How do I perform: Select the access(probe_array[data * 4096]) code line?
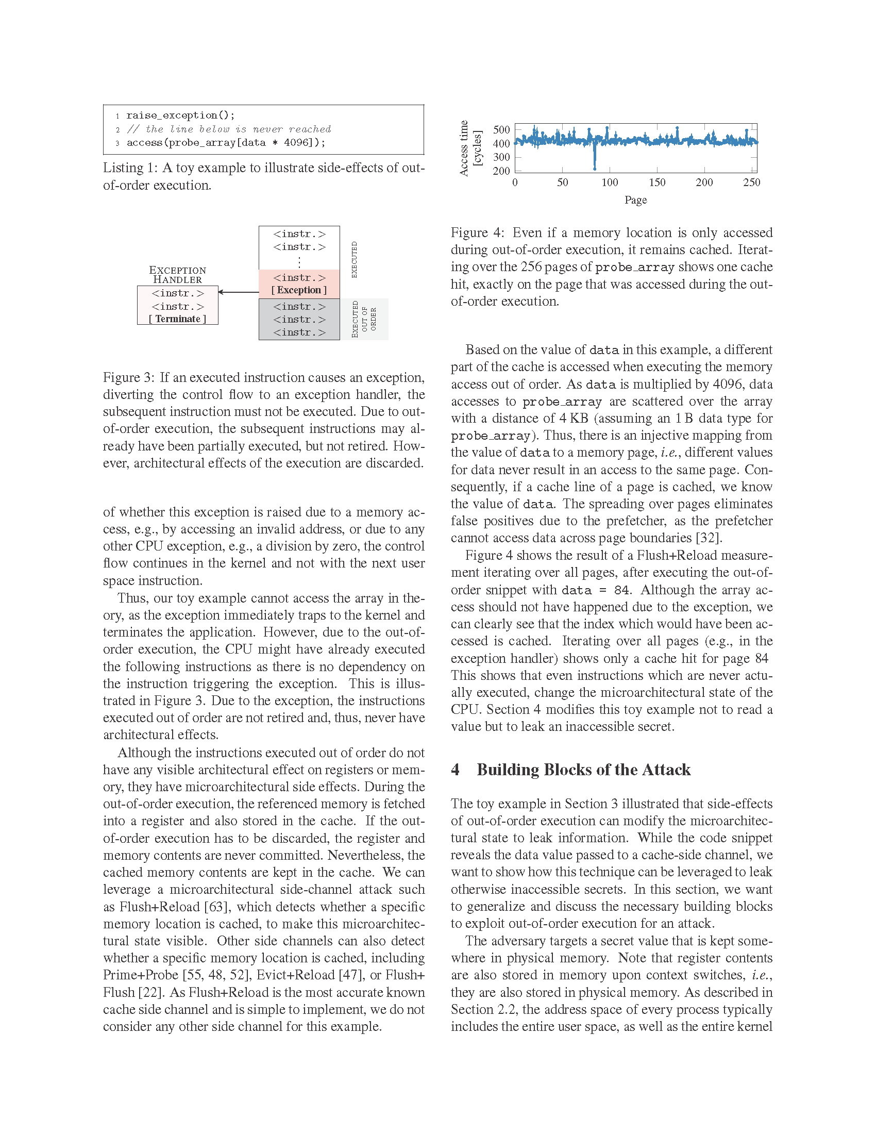(x=226, y=143)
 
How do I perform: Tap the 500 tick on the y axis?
(x=501, y=130)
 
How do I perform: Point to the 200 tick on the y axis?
(x=501, y=171)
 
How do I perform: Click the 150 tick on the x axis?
(x=657, y=182)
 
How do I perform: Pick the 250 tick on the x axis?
(x=751, y=182)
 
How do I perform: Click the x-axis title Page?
(x=636, y=200)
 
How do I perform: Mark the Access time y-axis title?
(x=464, y=148)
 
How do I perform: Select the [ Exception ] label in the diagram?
(x=299, y=290)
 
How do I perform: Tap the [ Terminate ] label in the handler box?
(x=177, y=319)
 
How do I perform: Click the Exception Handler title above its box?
(x=177, y=275)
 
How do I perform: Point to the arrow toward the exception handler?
(x=238, y=292)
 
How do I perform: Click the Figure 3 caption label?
(x=128, y=377)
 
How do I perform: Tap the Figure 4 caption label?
(x=476, y=232)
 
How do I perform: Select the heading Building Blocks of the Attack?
(x=583, y=770)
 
